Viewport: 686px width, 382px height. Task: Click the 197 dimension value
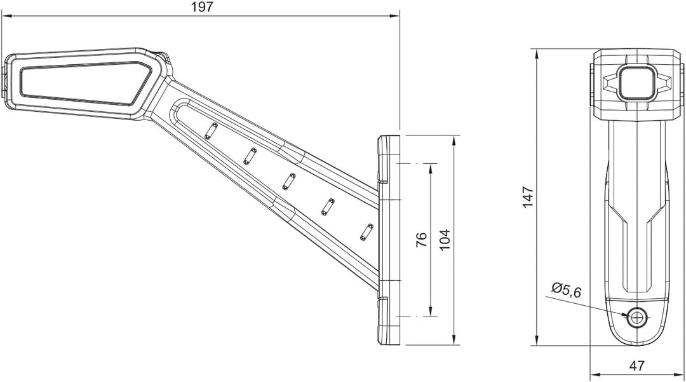202,7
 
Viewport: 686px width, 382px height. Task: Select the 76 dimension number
421,240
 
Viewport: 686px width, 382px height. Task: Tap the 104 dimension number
444,240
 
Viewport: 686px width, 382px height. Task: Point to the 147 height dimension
528,197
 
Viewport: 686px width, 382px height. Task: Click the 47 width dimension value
637,365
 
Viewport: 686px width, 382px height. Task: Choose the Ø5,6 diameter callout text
567,290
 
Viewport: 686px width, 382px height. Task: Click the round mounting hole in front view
636,316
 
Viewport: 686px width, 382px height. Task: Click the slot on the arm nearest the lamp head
212,131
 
